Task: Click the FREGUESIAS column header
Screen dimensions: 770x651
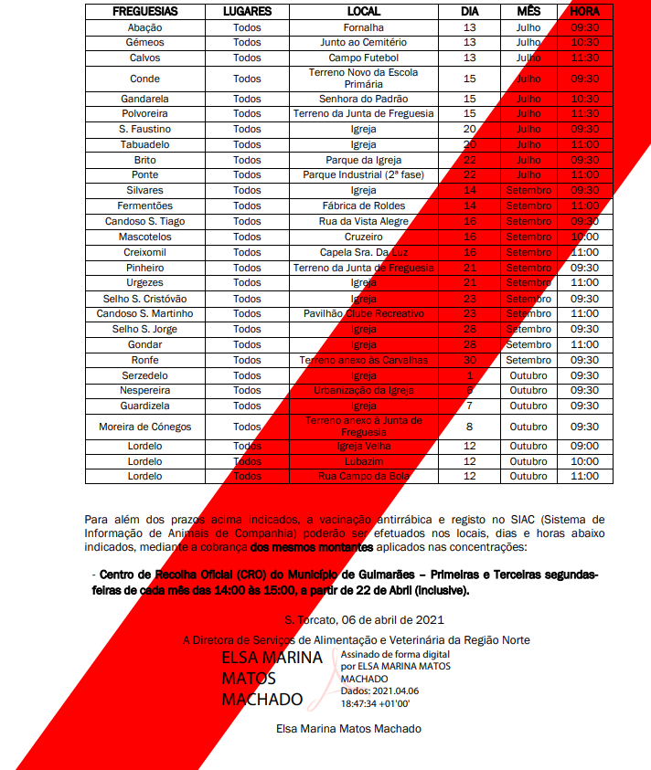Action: pyautogui.click(x=145, y=12)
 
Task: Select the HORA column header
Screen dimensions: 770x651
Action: pyautogui.click(x=584, y=12)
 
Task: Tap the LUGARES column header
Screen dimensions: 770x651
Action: pyautogui.click(x=247, y=12)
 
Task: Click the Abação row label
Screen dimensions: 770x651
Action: pyautogui.click(x=145, y=27)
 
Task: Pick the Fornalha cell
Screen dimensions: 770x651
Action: pyautogui.click(x=363, y=27)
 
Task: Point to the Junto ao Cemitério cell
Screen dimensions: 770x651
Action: pyautogui.click(x=363, y=43)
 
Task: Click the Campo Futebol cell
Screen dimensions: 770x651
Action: pyautogui.click(x=363, y=58)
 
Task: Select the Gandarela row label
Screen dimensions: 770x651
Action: pyautogui.click(x=145, y=99)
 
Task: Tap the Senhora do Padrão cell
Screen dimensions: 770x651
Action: pyautogui.click(x=363, y=99)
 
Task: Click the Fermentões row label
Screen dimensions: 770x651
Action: pyautogui.click(x=145, y=206)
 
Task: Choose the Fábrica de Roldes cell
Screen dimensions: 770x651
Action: pyautogui.click(x=363, y=206)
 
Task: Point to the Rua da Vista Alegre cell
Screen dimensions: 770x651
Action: pyautogui.click(x=363, y=221)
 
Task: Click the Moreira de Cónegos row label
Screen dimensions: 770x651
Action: pyautogui.click(x=145, y=426)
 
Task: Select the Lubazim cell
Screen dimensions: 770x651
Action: pyautogui.click(x=363, y=461)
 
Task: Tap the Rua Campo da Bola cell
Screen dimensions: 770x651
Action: pyautogui.click(x=363, y=476)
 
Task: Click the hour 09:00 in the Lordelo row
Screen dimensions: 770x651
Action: pyautogui.click(x=584, y=446)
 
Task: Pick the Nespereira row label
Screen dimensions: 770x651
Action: pyautogui.click(x=145, y=390)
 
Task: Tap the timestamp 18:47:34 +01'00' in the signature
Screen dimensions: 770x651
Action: pyautogui.click(x=376, y=704)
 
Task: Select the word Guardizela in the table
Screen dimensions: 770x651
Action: pyautogui.click(x=145, y=406)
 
